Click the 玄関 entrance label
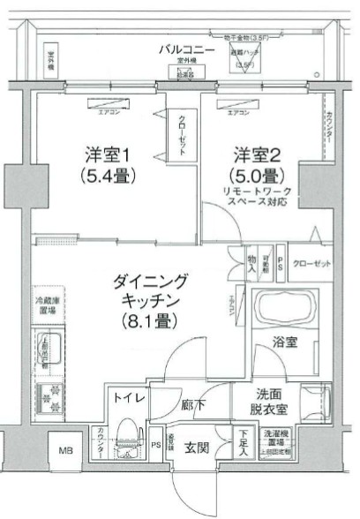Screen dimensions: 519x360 pyautogui.click(x=195, y=448)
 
